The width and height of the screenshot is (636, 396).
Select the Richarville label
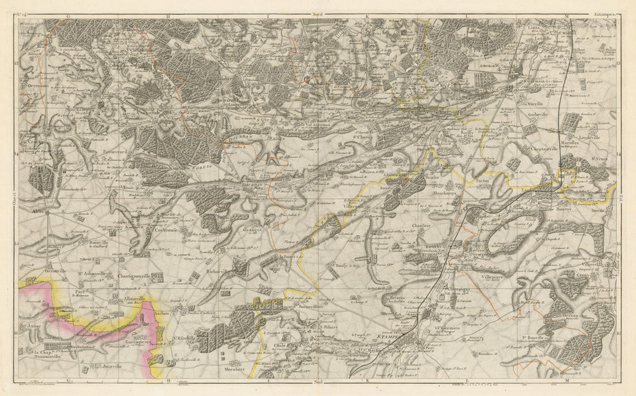[x=221, y=271]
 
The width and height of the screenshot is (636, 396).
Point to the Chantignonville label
[x=134, y=277]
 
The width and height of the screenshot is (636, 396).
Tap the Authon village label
[x=162, y=313]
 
